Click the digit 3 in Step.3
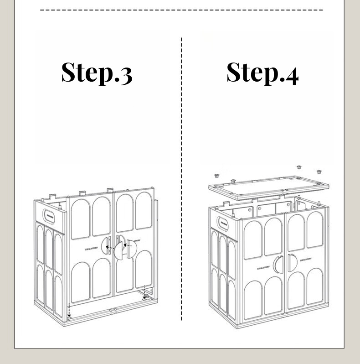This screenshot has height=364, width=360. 123,74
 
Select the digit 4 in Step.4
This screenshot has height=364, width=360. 289,74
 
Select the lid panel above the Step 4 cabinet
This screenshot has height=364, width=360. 269,187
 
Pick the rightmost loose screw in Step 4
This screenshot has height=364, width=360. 319,172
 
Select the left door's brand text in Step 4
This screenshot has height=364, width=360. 263,268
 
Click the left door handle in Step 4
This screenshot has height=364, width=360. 278,265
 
